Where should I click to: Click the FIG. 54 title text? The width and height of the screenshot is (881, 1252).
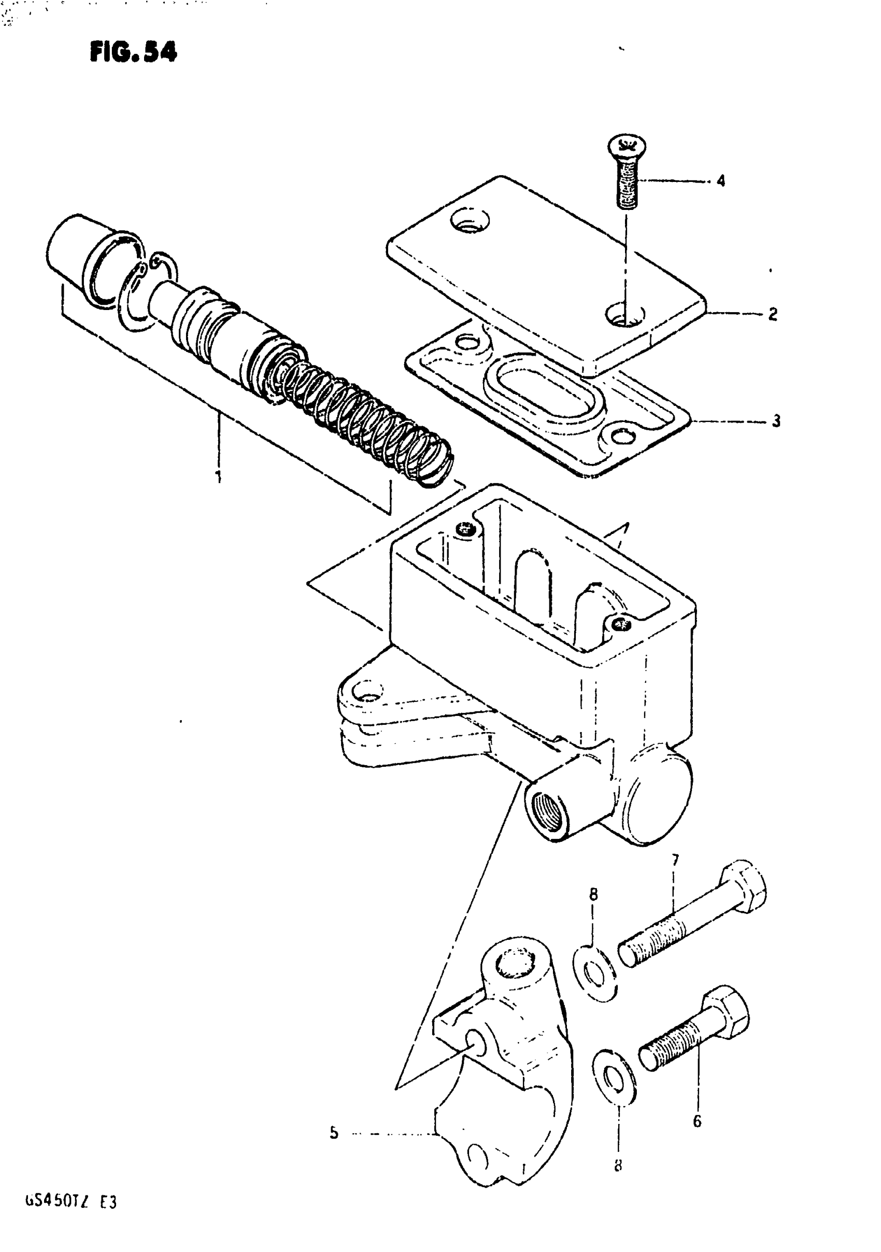[x=134, y=53]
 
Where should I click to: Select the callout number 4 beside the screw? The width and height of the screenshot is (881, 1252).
[x=721, y=181]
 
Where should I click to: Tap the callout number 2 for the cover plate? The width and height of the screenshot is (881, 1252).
[x=773, y=314]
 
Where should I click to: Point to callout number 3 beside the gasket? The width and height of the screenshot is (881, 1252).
[x=776, y=421]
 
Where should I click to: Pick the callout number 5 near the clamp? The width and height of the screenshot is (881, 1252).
[x=334, y=1134]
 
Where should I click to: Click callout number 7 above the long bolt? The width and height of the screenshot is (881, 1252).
[x=675, y=861]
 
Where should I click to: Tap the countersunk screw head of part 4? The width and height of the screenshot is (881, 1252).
[x=626, y=147]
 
